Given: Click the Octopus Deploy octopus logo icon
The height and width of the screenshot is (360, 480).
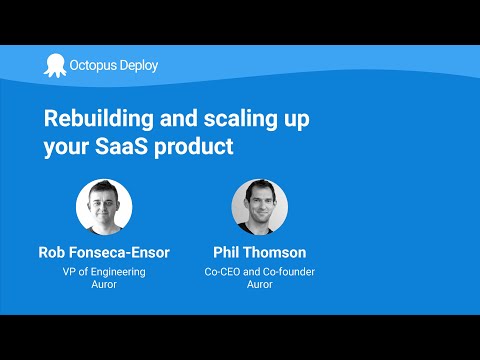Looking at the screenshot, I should tap(54, 65).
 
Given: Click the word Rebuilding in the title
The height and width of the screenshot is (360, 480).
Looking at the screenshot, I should tap(95, 119).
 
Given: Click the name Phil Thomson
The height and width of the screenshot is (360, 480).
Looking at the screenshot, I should tap(260, 253).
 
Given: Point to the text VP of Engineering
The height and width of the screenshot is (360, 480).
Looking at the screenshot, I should tap(105, 272).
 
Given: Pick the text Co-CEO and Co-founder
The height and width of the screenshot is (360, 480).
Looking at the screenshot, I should tap(260, 272).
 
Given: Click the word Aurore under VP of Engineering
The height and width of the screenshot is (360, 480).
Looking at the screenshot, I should tap(105, 286).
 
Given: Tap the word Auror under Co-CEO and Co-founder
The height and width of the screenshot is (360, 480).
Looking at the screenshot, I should tap(260, 286).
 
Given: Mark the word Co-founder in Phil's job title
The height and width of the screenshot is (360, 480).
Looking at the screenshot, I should tap(287, 272).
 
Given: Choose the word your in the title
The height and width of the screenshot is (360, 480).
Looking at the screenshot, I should tap(66, 147).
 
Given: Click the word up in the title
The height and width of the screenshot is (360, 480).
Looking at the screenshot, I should tap(294, 119).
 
